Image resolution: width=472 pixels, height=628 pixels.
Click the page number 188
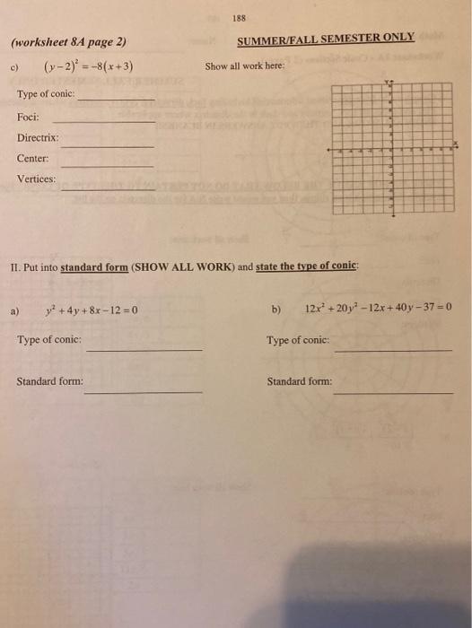239,19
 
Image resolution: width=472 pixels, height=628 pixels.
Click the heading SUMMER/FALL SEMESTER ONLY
326,38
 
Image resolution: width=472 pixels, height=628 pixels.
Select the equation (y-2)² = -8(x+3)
89,66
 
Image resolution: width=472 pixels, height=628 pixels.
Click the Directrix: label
38,138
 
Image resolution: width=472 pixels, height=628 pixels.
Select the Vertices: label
37,179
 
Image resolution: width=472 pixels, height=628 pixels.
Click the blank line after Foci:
103,121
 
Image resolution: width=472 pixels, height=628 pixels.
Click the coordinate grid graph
392,148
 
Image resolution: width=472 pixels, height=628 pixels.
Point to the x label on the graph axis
455,144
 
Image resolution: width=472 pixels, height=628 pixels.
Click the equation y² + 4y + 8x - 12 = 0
91,311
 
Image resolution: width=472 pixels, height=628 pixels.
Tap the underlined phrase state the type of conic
307,266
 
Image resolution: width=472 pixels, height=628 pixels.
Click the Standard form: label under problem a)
50,381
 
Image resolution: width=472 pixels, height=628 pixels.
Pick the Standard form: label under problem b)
299,381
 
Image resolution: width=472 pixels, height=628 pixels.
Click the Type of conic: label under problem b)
298,341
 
